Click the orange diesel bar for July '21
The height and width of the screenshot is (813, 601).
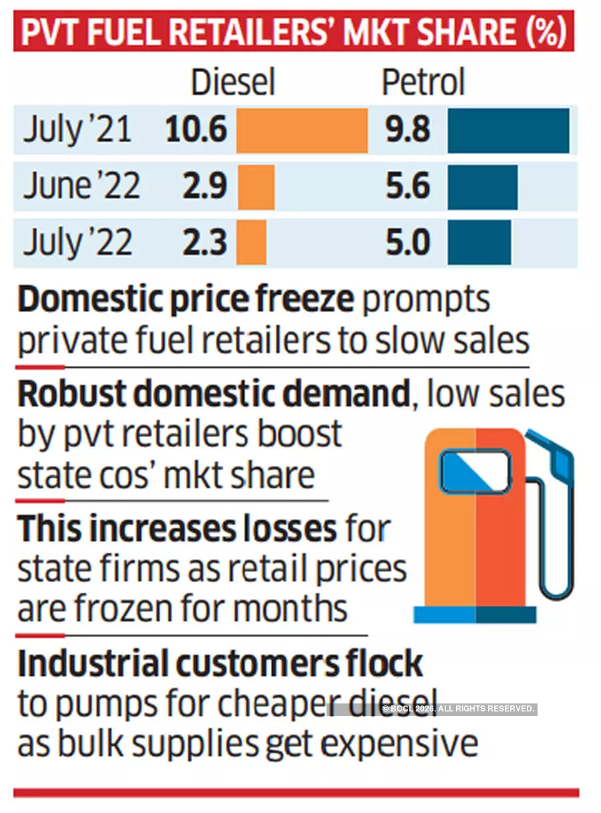click(x=302, y=130)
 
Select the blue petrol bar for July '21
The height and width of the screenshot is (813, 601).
click(x=508, y=130)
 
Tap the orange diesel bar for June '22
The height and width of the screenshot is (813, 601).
click(x=256, y=187)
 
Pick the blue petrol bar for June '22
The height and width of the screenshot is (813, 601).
click(x=482, y=187)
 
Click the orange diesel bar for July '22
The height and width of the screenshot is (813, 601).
click(x=252, y=242)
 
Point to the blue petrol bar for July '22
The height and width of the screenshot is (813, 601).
click(x=479, y=242)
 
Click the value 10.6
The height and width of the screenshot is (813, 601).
click(x=196, y=129)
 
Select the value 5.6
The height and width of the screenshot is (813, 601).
click(x=407, y=186)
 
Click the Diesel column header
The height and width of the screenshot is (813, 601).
click(x=232, y=84)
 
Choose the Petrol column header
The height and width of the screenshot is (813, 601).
click(x=423, y=84)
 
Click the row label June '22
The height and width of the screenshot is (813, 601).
click(x=81, y=186)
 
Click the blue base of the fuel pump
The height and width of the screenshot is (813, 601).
click(x=475, y=614)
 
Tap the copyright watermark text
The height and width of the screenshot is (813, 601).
click(x=458, y=708)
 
